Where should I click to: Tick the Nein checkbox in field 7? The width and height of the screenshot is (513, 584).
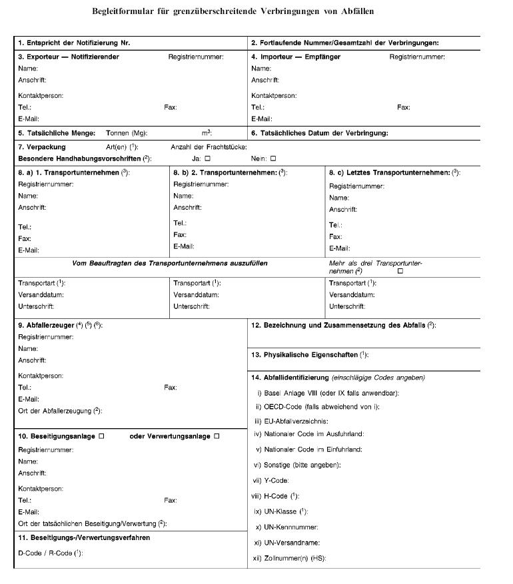(272, 158)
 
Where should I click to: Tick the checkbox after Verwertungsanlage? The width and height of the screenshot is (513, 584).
(217, 436)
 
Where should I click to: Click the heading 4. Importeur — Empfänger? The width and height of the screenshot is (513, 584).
(296, 57)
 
